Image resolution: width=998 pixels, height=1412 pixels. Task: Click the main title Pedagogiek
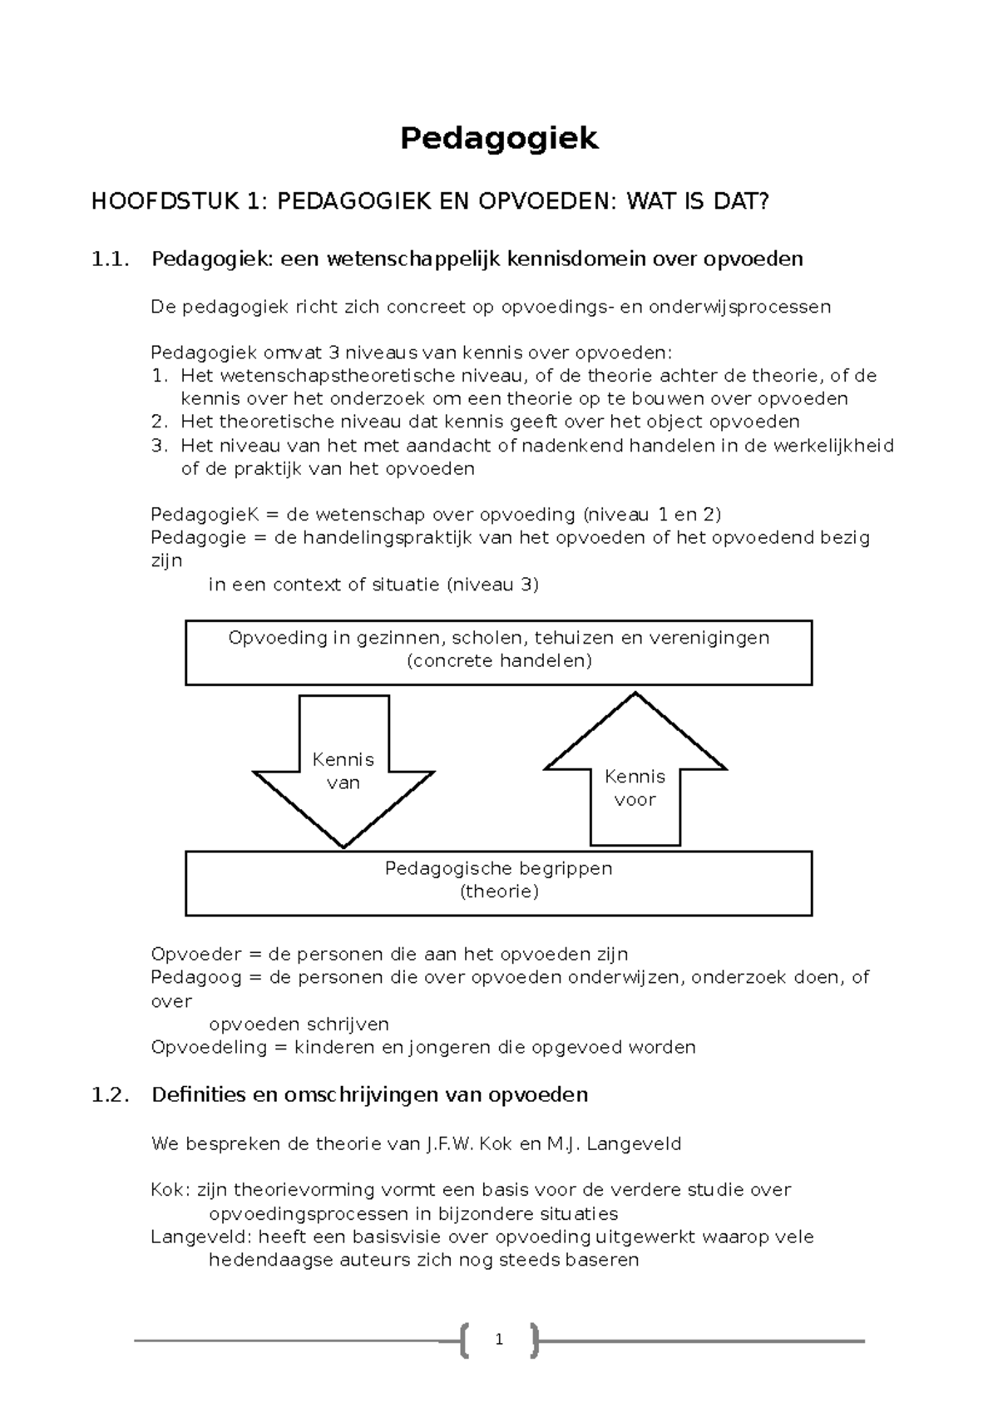point(498,138)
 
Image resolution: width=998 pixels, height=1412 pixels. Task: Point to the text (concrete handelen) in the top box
point(499,661)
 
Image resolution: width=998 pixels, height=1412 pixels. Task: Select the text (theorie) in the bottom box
point(499,891)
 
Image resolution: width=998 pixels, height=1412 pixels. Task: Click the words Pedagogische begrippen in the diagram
point(499,869)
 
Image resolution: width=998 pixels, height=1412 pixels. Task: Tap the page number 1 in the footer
point(498,1340)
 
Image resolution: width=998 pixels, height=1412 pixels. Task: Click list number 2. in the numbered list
point(160,422)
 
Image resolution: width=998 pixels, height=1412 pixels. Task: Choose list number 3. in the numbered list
point(160,445)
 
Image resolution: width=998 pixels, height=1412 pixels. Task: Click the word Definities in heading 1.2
point(196,1095)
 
